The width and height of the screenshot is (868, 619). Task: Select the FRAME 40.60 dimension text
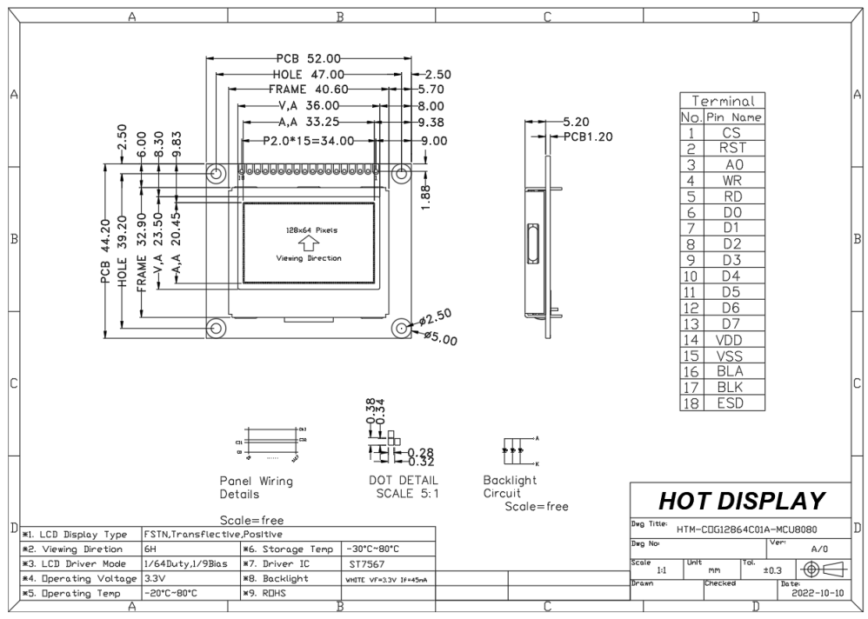click(308, 89)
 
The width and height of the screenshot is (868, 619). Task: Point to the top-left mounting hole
click(216, 173)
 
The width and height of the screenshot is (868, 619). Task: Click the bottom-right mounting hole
click(401, 327)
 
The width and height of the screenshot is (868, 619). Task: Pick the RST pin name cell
click(732, 149)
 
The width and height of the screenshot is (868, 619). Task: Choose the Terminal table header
click(722, 101)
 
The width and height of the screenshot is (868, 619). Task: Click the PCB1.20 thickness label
click(588, 136)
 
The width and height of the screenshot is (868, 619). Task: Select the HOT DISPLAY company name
click(741, 500)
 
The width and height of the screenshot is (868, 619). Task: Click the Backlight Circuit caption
click(511, 486)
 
